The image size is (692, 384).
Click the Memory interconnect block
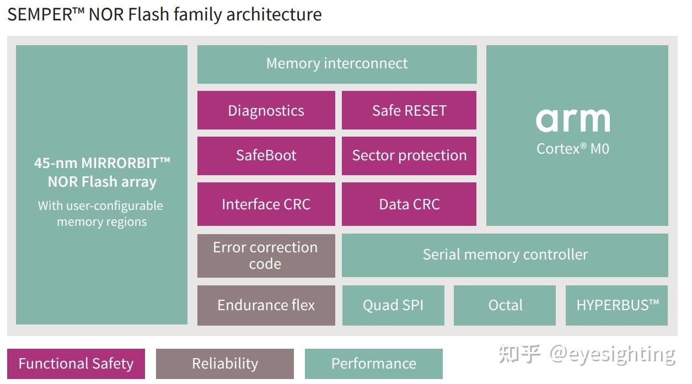click(337, 64)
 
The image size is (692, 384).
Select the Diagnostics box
click(266, 110)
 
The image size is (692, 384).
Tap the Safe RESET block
click(409, 110)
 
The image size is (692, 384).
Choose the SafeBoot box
click(266, 155)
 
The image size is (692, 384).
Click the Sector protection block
click(409, 155)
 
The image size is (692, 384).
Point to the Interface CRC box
click(266, 204)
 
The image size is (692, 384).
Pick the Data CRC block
click(409, 204)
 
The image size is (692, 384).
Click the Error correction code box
click(266, 256)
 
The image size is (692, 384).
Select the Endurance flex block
click(266, 305)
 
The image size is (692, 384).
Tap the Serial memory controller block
click(505, 255)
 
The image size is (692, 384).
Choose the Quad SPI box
click(393, 305)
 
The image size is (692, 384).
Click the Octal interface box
click(505, 305)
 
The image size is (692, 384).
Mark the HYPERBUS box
click(616, 305)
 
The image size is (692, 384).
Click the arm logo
click(573, 120)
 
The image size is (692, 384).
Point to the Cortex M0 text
click(573, 149)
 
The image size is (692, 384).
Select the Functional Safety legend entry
click(76, 364)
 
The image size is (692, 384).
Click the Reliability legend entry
click(224, 364)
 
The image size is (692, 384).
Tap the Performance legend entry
click(373, 364)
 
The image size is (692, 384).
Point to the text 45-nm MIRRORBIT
click(102, 163)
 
